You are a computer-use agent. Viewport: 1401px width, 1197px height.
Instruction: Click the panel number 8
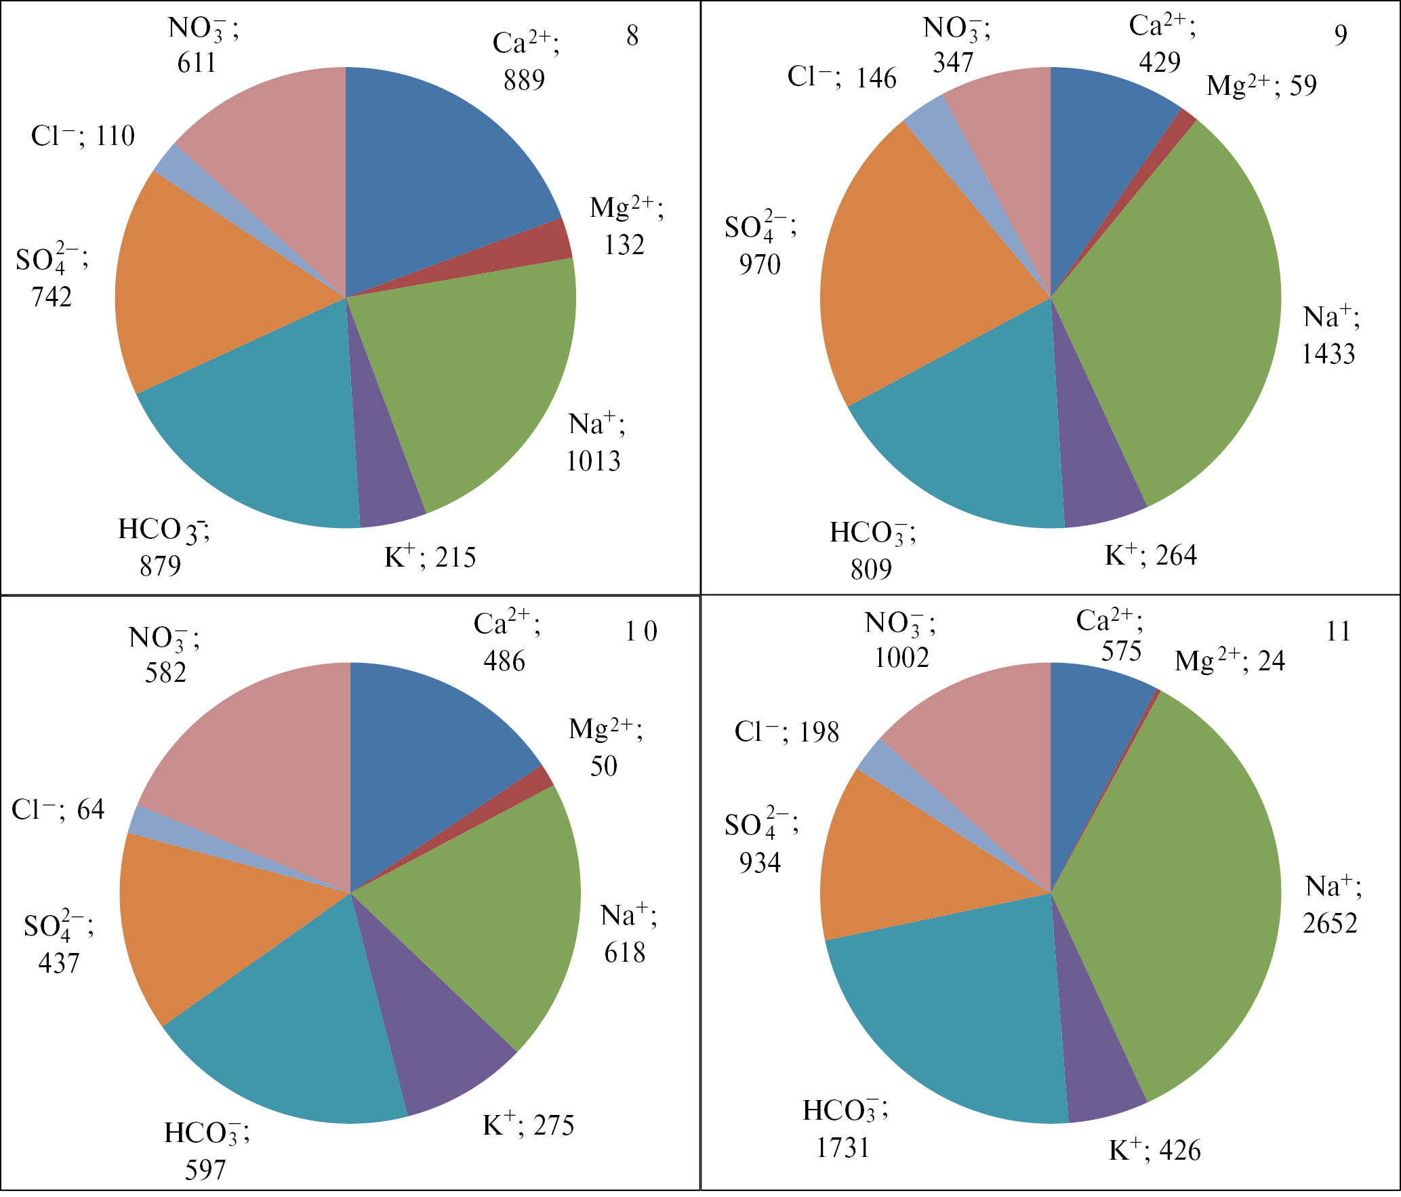(x=632, y=36)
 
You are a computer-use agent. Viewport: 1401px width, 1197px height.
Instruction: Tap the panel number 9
(x=1341, y=35)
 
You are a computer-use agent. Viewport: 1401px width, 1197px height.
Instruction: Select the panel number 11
(x=1338, y=632)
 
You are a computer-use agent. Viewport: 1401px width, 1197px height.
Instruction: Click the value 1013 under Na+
(x=594, y=462)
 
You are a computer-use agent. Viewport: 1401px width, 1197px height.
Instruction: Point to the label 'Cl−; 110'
(x=83, y=136)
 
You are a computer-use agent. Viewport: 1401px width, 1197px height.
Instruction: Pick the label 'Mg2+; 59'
(x=1261, y=85)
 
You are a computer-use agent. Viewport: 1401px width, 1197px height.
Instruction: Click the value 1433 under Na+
(x=1328, y=354)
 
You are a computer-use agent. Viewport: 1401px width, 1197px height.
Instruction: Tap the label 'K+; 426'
(x=1154, y=1150)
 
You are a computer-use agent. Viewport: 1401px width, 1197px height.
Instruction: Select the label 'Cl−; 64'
(x=58, y=809)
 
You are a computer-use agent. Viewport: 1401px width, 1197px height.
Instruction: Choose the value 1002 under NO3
(x=901, y=657)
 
